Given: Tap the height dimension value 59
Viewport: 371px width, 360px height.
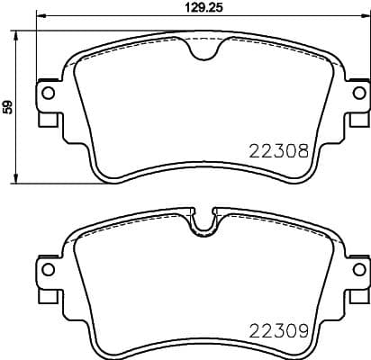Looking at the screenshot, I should pos(7,107).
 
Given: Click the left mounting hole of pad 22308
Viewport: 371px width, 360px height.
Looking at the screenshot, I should pos(48,93).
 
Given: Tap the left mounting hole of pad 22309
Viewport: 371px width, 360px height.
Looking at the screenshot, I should pos(48,269).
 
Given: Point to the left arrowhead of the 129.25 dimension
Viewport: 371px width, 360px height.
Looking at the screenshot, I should pos(40,18).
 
